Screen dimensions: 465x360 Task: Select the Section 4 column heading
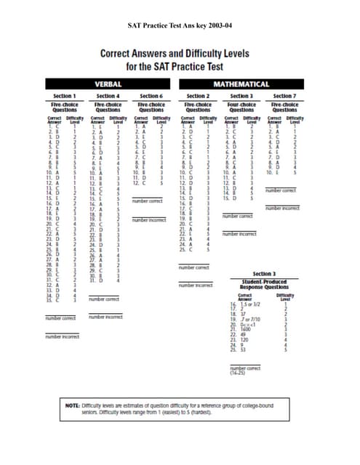(x=108, y=96)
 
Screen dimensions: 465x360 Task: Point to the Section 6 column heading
(x=151, y=96)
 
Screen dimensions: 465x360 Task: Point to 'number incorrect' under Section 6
(x=148, y=219)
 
